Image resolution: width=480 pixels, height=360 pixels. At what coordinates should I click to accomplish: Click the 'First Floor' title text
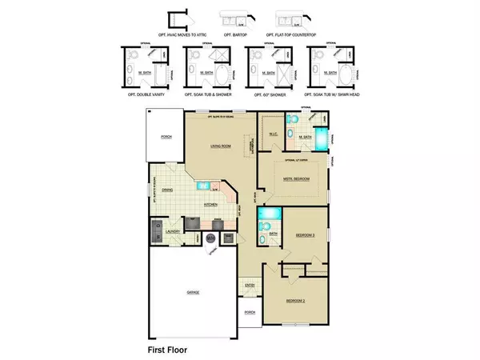[x=166, y=350]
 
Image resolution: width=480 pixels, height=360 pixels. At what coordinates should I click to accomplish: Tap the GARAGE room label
[x=192, y=292]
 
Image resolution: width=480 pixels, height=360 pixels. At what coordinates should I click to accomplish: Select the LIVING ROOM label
[x=220, y=146]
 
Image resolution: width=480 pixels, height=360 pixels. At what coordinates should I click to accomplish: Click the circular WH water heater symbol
[x=210, y=237]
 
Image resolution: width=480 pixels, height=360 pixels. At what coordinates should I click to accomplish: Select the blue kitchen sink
[x=203, y=186]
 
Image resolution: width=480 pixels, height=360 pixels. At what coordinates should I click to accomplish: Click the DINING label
[x=167, y=190]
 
